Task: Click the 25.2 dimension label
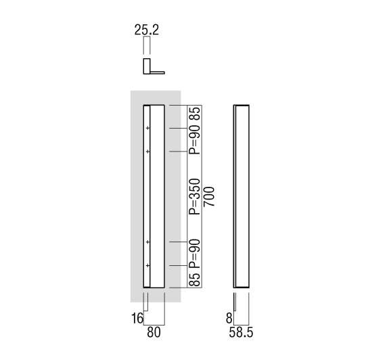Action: (147, 30)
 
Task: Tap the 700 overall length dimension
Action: (209, 196)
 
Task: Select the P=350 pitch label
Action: (195, 197)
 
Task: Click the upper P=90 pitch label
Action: (195, 139)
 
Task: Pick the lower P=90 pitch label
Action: (195, 254)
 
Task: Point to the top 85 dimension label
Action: (195, 114)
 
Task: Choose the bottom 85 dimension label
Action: (195, 279)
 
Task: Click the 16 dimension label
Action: (137, 319)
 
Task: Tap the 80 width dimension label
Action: (154, 332)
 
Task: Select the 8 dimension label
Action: (229, 319)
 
